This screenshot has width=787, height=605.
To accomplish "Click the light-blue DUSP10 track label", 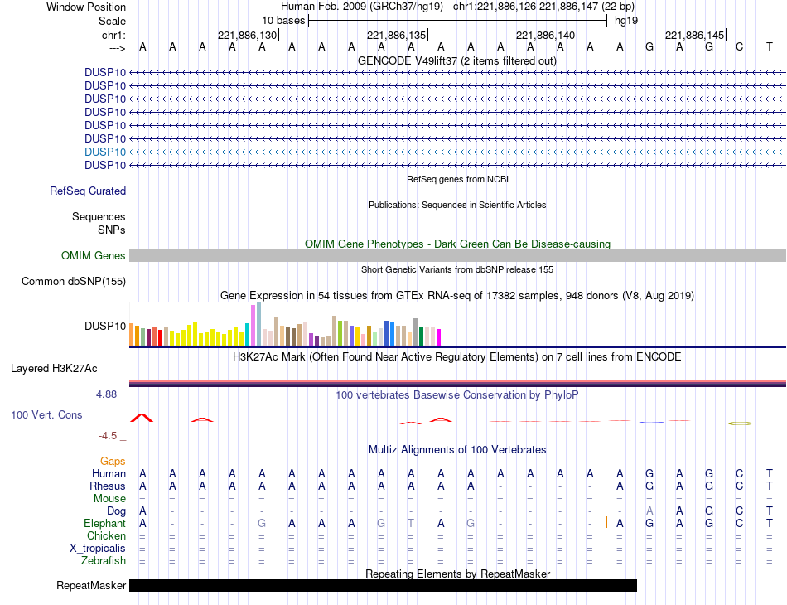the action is tap(105, 152).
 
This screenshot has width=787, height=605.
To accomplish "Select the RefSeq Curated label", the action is tap(88, 191).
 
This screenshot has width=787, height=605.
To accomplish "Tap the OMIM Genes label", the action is tap(94, 255).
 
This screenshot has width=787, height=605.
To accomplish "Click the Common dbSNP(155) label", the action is tap(74, 281).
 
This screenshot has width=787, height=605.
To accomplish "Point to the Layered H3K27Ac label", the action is tap(54, 369).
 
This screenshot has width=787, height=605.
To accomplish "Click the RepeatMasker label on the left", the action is tap(91, 585).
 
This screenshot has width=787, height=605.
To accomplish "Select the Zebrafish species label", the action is tap(104, 560).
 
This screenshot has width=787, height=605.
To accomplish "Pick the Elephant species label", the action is tap(104, 523).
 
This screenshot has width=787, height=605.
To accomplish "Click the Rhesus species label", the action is tap(108, 486).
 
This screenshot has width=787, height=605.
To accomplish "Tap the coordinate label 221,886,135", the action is tap(397, 35).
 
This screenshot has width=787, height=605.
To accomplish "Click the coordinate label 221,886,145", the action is tap(695, 35).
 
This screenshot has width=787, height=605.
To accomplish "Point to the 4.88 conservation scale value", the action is tap(106, 394).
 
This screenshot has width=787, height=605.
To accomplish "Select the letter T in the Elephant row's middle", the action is tap(411, 523).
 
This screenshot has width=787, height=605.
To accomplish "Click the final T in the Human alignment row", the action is tap(770, 473).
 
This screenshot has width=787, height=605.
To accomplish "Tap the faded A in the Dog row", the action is tap(649, 511).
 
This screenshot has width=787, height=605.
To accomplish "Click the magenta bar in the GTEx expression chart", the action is tap(439, 336).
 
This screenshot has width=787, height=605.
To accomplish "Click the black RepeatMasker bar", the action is tap(383, 585).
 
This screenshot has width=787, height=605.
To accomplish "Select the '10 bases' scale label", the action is tap(283, 21).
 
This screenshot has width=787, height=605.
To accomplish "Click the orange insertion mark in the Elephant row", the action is tap(606, 523).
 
